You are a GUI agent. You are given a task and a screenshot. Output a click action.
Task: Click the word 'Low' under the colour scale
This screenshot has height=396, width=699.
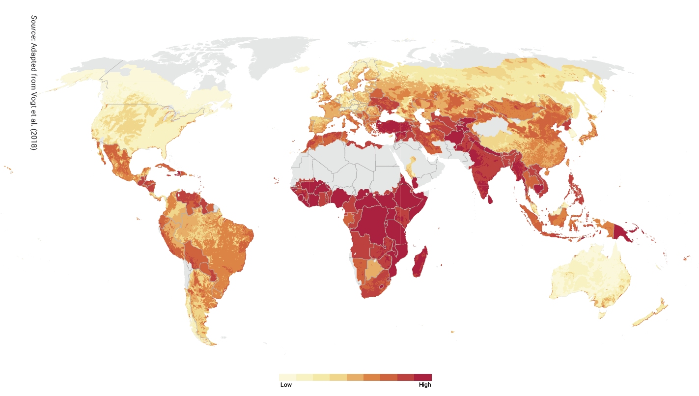click(x=286, y=385)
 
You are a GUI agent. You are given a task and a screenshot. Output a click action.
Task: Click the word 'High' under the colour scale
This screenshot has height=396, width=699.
click(x=425, y=385)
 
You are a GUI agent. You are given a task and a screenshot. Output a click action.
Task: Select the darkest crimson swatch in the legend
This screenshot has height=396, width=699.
click(x=423, y=377)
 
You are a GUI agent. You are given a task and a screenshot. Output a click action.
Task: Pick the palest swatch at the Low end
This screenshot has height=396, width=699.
click(x=287, y=377)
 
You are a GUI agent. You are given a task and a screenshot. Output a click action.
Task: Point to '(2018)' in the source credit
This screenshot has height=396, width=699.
click(x=33, y=141)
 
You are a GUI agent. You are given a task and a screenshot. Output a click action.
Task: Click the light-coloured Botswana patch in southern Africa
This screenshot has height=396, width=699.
click(x=374, y=269)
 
